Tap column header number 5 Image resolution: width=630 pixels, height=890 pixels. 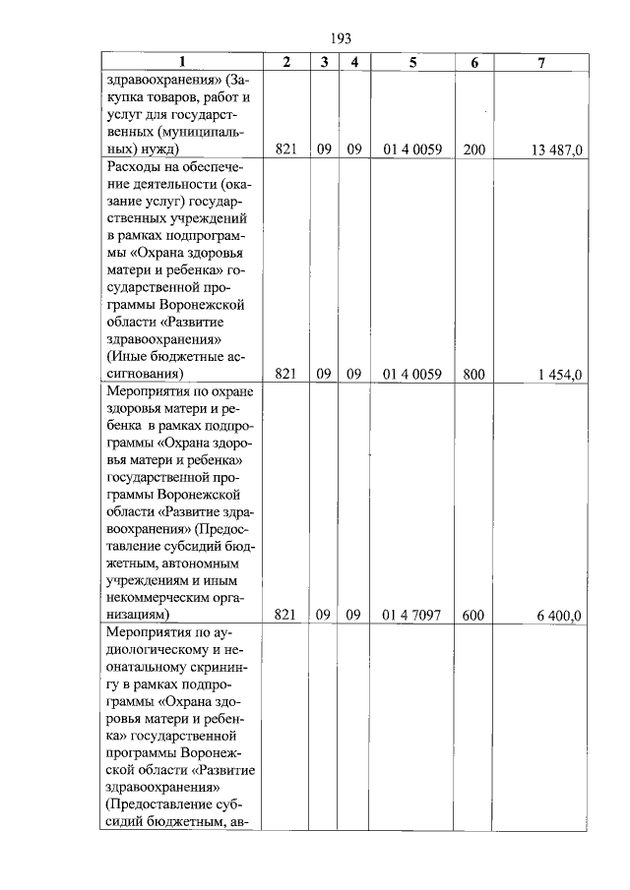412,62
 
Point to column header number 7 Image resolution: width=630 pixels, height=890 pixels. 541,62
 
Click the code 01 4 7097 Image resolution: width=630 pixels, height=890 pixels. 411,615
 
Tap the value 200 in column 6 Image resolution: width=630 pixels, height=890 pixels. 473,149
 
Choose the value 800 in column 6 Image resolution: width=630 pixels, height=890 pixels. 473,374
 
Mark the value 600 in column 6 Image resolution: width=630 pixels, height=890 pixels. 472,615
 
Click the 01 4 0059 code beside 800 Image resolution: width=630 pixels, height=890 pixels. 411,374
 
